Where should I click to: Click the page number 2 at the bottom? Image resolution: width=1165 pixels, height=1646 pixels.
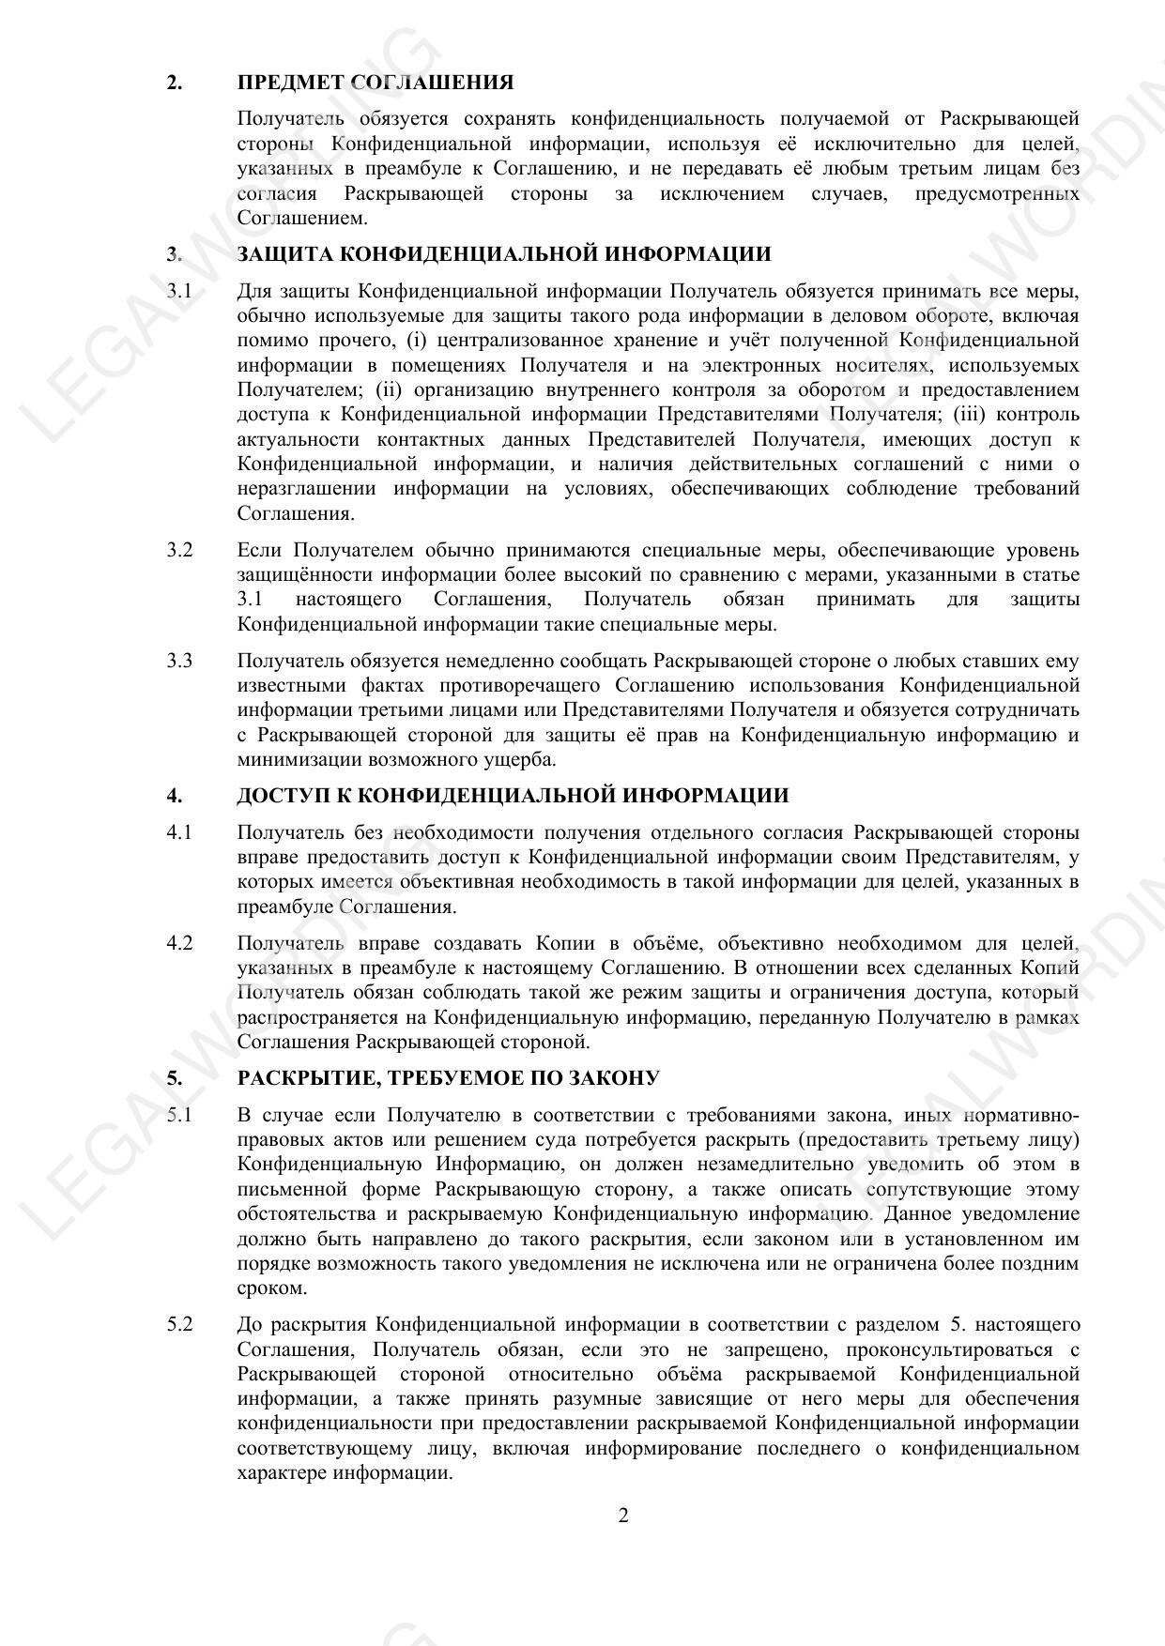623,1516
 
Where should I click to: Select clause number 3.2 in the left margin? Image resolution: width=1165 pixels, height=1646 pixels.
179,550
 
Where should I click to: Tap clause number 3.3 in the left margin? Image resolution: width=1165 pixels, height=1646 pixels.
179,661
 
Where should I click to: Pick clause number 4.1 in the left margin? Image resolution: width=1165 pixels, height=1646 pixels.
179,832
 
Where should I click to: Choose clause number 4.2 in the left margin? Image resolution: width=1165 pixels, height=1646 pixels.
179,943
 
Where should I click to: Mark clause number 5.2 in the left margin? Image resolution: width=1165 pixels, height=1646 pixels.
179,1325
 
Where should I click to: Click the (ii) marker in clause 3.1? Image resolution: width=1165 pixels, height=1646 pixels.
390,389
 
